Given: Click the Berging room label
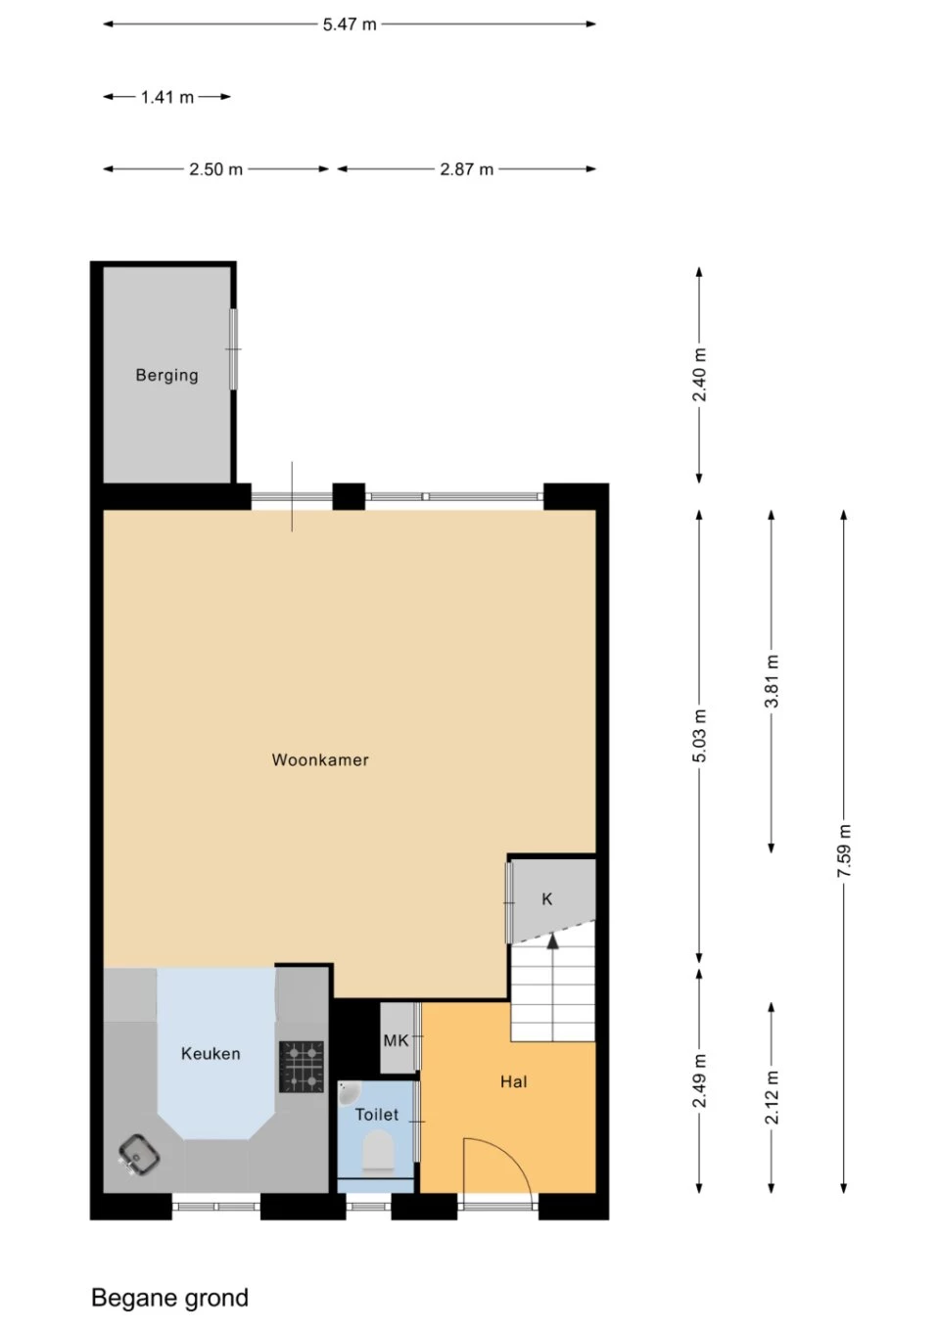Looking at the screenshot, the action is (x=166, y=375).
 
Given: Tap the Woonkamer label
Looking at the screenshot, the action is (x=320, y=760).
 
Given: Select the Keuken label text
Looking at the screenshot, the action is (x=211, y=1054).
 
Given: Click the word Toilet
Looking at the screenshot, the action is (x=377, y=1115).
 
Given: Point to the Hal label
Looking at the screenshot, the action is (x=514, y=1081).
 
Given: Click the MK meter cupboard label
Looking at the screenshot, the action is (x=397, y=1040).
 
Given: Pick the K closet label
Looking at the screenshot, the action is (x=547, y=899).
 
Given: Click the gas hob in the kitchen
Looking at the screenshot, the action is (x=302, y=1066).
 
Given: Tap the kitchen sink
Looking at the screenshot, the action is (x=139, y=1155).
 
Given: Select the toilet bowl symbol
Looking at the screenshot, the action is (x=377, y=1152).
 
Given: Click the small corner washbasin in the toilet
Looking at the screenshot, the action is (x=349, y=1093).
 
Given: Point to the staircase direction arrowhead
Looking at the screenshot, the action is (x=553, y=940).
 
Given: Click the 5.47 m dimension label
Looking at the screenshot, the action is (x=350, y=24).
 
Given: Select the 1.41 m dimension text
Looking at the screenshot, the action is (x=167, y=97).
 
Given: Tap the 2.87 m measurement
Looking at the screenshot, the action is (x=466, y=169).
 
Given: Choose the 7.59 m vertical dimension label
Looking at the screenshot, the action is (x=844, y=851).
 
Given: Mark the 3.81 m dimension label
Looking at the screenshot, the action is (x=772, y=681).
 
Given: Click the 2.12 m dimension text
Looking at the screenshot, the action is (x=772, y=1098).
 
